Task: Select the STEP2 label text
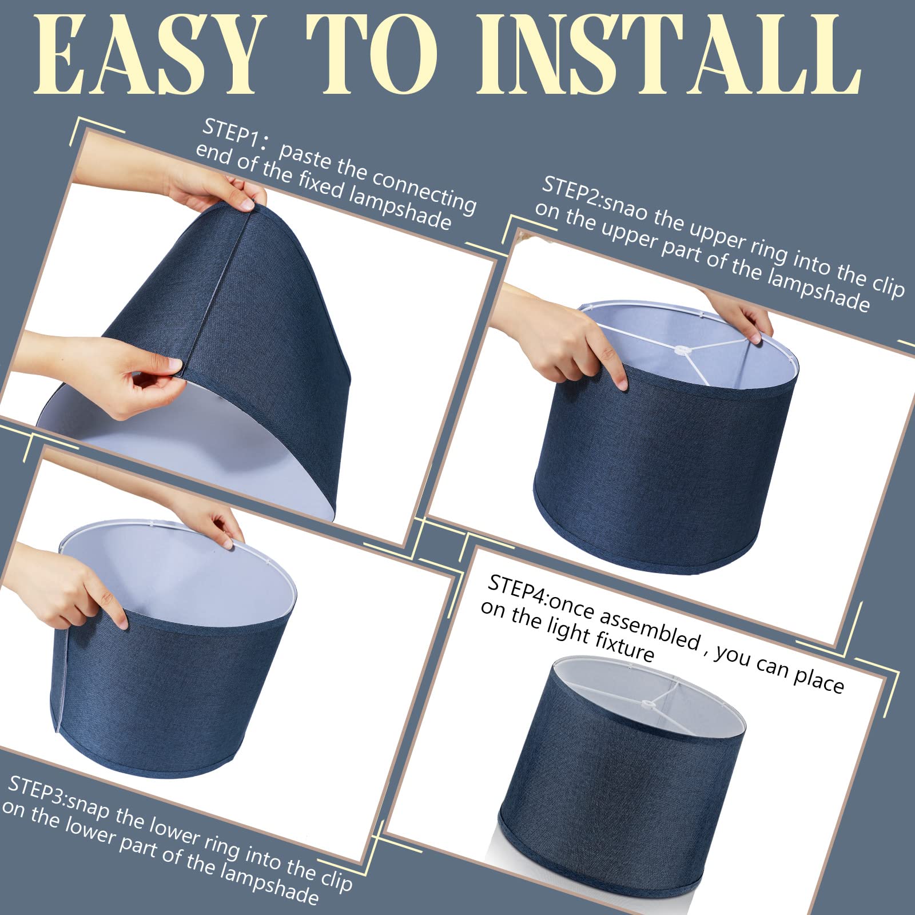pos(571,191)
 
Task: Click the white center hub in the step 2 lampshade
pos(681,351)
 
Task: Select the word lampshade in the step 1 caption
pos(399,208)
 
